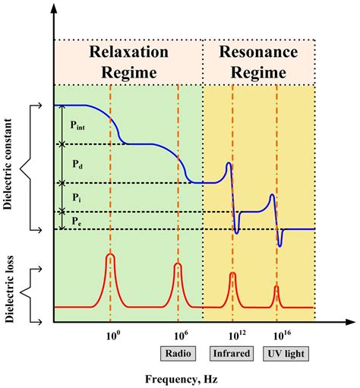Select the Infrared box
click(x=232, y=353)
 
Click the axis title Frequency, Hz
click(x=182, y=378)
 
